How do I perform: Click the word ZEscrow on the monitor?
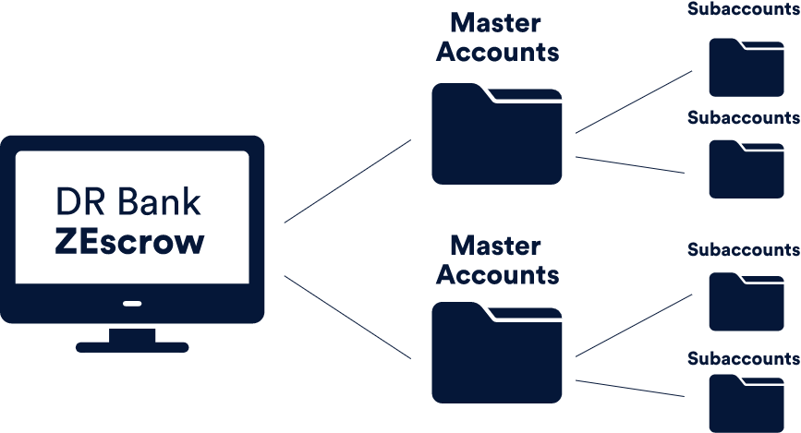(128, 242)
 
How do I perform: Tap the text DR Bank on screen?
(128, 201)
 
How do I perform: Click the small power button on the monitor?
(133, 303)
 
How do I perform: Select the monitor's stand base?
(133, 347)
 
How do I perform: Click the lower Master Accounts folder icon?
(497, 355)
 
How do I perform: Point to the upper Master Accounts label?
(497, 37)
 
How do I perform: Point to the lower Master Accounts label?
(497, 260)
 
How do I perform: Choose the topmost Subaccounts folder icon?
(746, 67)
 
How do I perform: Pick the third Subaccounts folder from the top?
(746, 302)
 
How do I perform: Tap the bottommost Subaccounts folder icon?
(746, 403)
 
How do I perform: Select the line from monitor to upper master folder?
(347, 181)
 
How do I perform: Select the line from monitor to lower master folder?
(347, 317)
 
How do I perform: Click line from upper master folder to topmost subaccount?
(634, 102)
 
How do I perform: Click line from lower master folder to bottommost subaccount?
(629, 388)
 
